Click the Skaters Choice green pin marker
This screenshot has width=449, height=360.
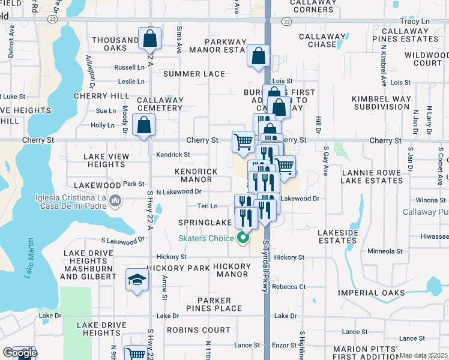[x=243, y=238]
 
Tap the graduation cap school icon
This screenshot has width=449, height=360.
[x=137, y=280]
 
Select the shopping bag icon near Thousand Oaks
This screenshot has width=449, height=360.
[x=150, y=39]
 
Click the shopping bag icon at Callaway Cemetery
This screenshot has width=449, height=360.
[x=143, y=125]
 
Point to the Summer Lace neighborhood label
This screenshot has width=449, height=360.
[x=194, y=74]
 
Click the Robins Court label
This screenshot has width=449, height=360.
[x=198, y=330]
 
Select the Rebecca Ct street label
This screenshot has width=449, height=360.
[x=289, y=287]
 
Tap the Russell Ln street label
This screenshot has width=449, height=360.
[x=130, y=67]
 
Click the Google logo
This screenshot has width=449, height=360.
[x=19, y=353]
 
